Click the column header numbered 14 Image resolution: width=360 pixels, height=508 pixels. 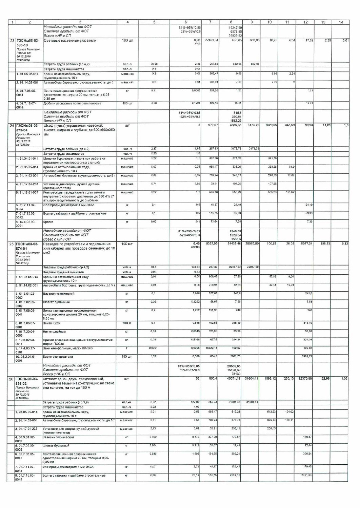click(341, 22)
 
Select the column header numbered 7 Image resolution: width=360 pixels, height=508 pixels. click(211, 22)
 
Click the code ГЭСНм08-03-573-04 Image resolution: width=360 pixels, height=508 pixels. click(27, 127)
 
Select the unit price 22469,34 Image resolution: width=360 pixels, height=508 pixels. click(211, 40)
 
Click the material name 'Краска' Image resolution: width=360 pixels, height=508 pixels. click(48, 222)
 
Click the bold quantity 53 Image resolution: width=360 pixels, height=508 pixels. click(197, 379)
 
